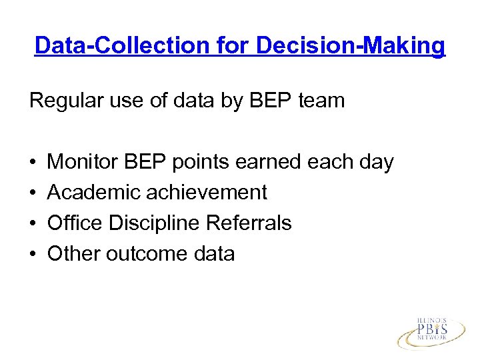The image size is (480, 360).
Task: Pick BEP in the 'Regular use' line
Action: coord(265,101)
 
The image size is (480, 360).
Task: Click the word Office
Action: coord(75,223)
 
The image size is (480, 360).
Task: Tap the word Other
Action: coord(71,254)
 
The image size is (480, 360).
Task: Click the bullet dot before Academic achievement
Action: coord(33,193)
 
